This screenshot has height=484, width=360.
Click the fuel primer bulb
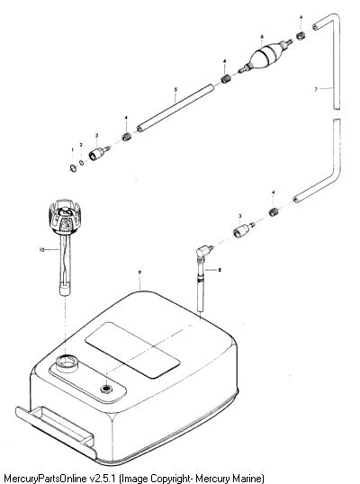[265, 56]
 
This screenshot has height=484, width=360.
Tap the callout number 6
[262, 37]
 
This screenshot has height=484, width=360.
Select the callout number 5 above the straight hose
[175, 90]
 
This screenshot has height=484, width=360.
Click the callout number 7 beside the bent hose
[316, 89]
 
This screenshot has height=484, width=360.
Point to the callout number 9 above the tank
[139, 272]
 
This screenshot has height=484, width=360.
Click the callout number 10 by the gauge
[42, 249]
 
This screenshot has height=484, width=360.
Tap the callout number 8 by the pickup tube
[220, 270]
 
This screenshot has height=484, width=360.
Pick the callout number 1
[73, 149]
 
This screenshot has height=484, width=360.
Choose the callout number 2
[81, 145]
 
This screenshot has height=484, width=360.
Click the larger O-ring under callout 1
[73, 168]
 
